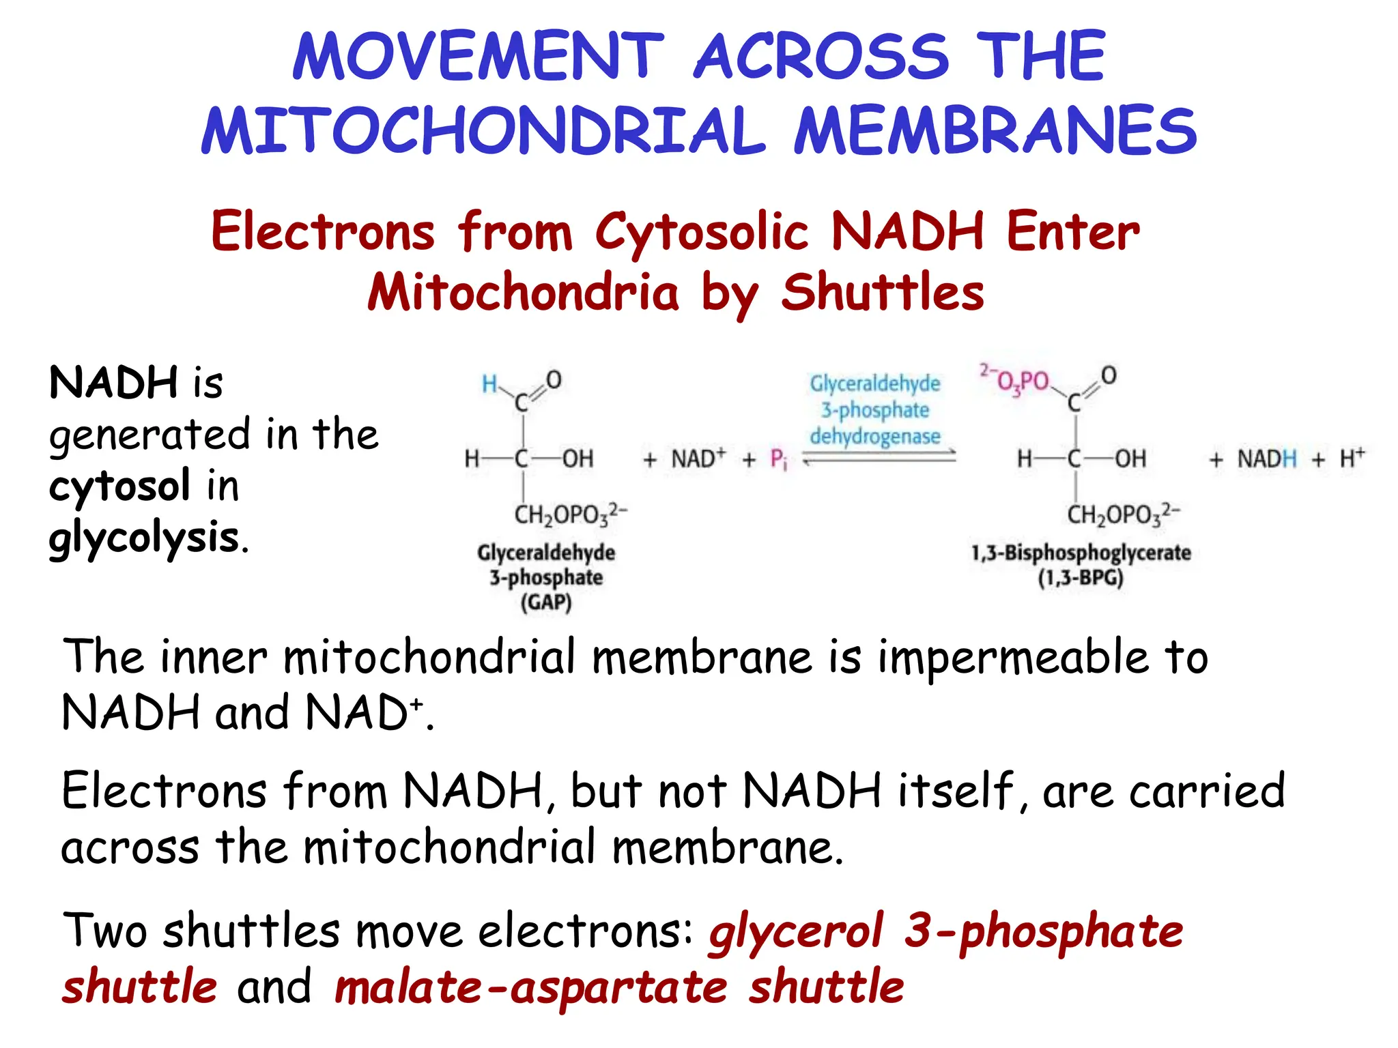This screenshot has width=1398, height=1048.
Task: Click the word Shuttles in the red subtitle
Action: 882,292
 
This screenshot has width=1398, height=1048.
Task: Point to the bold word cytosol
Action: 119,486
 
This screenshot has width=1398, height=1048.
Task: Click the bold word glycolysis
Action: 144,538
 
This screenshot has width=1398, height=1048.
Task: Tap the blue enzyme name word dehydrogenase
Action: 875,436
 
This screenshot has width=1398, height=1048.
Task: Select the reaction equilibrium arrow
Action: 879,458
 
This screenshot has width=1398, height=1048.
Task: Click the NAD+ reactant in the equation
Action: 698,458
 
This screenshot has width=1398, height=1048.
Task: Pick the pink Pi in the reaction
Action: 779,459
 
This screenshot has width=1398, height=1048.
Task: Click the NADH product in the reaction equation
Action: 1266,458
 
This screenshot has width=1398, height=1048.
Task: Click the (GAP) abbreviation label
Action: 546,602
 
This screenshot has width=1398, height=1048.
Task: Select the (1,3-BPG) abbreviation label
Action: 1081,579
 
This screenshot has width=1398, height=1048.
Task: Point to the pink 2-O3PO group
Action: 1015,380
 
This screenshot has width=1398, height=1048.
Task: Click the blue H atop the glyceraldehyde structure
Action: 489,384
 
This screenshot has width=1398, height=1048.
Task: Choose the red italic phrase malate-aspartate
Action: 531,987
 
